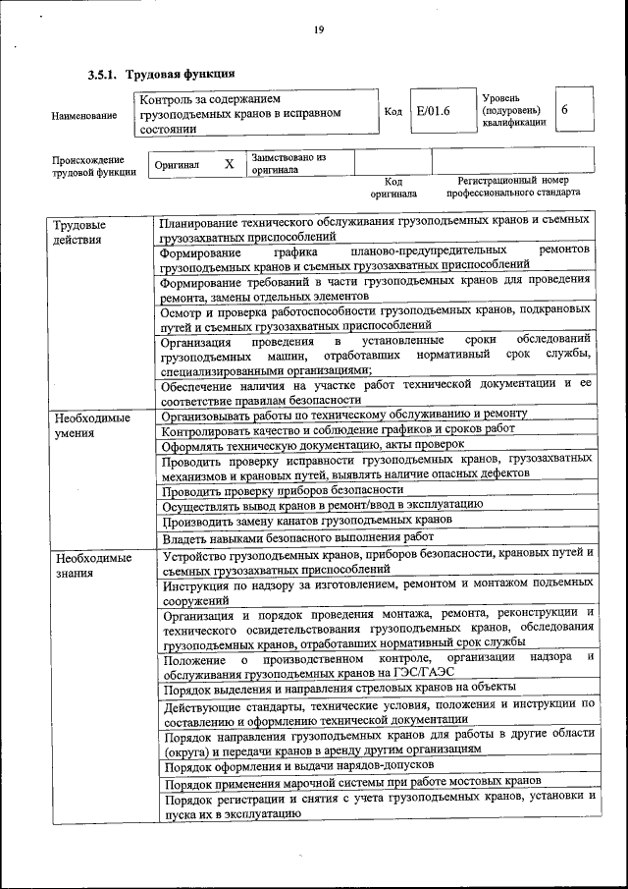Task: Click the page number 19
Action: pyautogui.click(x=319, y=30)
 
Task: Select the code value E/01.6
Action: pyautogui.click(x=433, y=111)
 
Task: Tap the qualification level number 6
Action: pyautogui.click(x=565, y=110)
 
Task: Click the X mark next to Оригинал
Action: pyautogui.click(x=229, y=164)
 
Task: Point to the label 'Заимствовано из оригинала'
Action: pyautogui.click(x=288, y=163)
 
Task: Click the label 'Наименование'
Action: pyautogui.click(x=83, y=117)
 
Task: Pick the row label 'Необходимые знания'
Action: pyautogui.click(x=94, y=565)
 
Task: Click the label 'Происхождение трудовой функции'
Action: pyautogui.click(x=88, y=166)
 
